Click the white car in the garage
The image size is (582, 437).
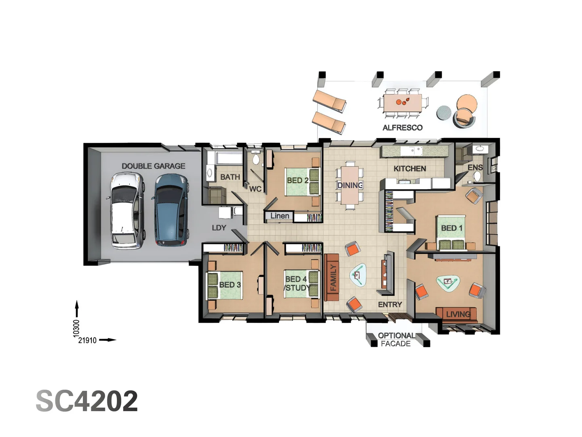tap(126, 210)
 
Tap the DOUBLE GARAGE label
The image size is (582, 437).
tap(153, 166)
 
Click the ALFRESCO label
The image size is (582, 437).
tap(403, 127)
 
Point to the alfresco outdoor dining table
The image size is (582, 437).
tap(403, 103)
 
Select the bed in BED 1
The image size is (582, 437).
tap(451, 232)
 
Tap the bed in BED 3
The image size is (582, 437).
tap(224, 285)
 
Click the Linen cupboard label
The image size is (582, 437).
tap(280, 216)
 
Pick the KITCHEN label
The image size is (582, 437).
tap(409, 168)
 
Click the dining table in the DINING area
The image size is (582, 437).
tap(350, 185)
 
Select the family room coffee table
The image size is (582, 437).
tap(357, 275)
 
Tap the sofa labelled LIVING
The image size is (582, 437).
tap(457, 314)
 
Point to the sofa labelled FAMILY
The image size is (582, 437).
tap(331, 278)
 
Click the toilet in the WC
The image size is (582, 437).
tap(256, 158)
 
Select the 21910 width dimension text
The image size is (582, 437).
tap(87, 340)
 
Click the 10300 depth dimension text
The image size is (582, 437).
tap(76, 328)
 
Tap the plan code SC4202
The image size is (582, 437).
tap(87, 401)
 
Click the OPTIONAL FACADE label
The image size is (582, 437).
tap(396, 339)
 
